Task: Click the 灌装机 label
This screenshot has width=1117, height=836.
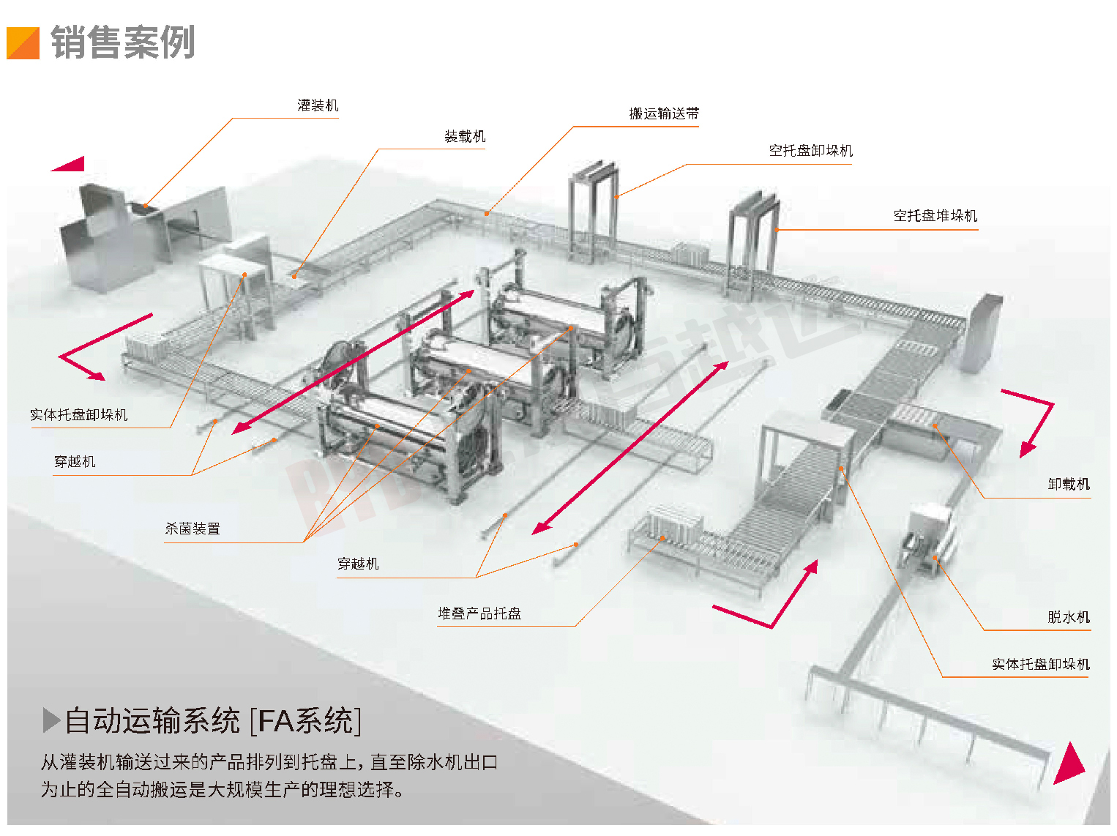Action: [318, 105]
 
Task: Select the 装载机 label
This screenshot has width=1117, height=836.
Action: [465, 137]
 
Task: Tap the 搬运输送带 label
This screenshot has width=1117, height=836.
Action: [664, 113]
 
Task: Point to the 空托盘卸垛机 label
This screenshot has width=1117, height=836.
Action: [810, 151]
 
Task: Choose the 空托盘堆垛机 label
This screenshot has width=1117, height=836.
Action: [935, 216]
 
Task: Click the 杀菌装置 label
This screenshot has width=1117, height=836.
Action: [193, 529]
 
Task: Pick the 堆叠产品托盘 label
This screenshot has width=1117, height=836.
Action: [479, 613]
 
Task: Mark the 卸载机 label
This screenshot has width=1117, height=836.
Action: [1069, 485]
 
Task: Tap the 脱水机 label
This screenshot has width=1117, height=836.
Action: [1069, 617]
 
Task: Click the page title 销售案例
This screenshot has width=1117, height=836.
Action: [123, 42]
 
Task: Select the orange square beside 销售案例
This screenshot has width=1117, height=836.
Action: [23, 43]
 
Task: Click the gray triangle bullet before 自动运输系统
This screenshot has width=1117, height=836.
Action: [51, 720]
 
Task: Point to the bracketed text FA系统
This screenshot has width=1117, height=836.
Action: [306, 721]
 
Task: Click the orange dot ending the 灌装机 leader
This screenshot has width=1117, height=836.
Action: [145, 206]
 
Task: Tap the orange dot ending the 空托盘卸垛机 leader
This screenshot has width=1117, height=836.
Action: [616, 196]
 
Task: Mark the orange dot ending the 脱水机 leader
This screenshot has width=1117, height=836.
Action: [935, 559]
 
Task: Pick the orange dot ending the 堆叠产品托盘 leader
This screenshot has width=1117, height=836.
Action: [662, 538]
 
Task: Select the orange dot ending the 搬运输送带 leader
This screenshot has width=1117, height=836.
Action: [487, 214]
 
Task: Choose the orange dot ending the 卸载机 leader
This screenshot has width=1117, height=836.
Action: [935, 425]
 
